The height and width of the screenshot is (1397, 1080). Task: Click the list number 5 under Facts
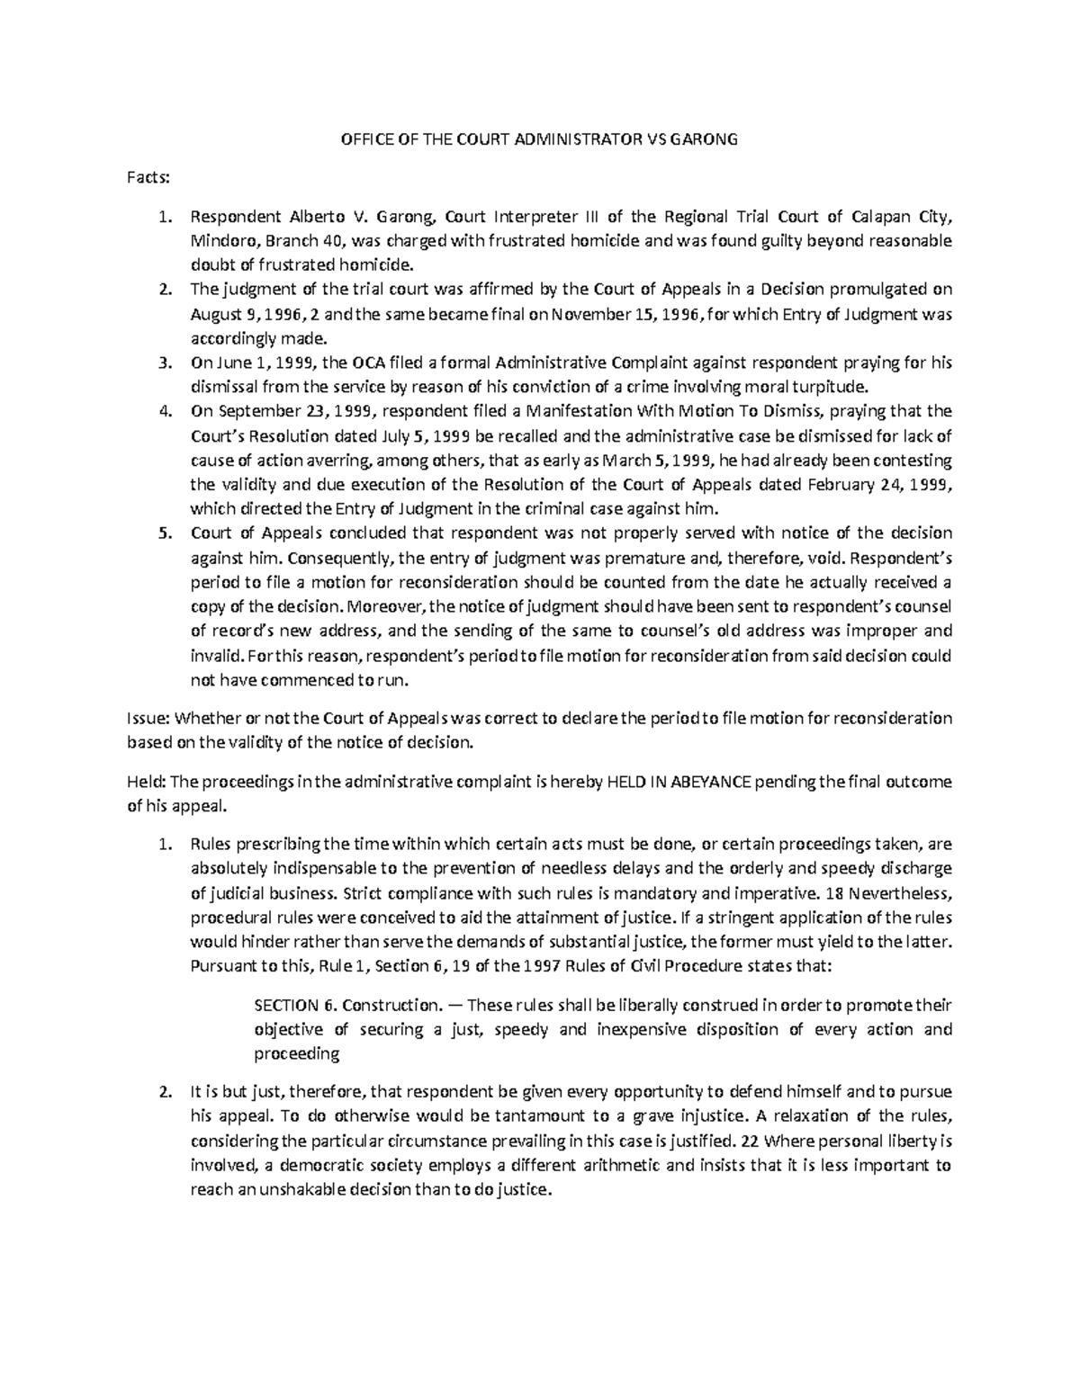tap(164, 533)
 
